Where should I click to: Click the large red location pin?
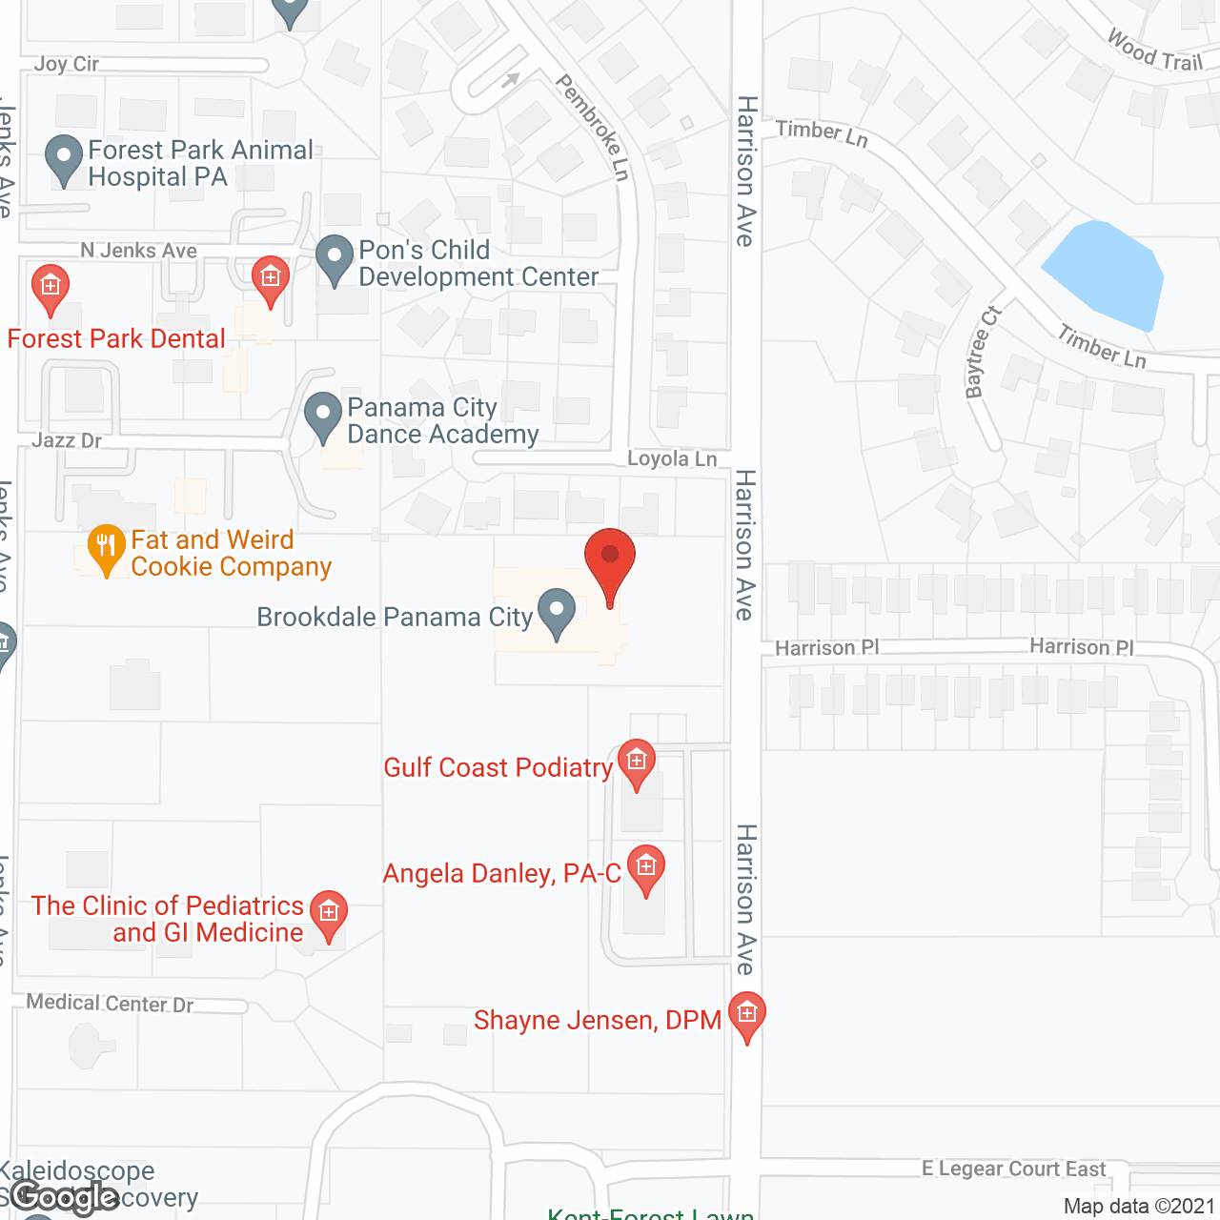[610, 560]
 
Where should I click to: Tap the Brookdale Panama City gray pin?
[557, 612]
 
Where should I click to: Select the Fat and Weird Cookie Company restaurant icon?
[106, 548]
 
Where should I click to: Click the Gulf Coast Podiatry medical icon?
[637, 762]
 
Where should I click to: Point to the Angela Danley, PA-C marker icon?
[646, 868]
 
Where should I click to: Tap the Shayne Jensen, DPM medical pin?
[747, 1014]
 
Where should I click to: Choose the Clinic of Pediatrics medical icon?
[329, 914]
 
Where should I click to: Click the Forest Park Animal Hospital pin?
[64, 158]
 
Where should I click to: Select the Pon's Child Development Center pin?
[335, 258]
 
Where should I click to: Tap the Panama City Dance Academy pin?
[323, 417]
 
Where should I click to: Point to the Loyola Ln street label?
[672, 458]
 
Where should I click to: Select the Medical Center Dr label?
[110, 1003]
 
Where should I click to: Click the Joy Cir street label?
[67, 64]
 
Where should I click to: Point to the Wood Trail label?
[1155, 51]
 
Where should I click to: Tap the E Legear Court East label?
[1014, 1169]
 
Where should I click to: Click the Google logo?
[65, 1197]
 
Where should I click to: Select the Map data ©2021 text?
[1139, 1206]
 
